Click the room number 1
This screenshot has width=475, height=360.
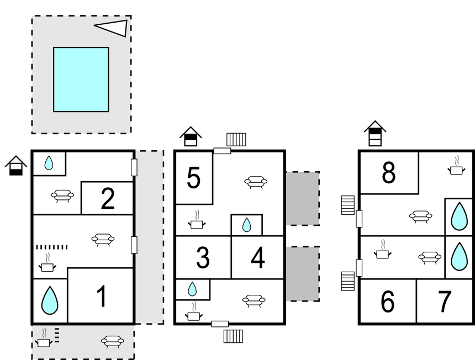click(101, 297)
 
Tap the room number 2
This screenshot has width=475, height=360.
click(107, 199)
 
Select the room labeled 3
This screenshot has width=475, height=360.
click(203, 258)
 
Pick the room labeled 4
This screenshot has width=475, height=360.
click(257, 258)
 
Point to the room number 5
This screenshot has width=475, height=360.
click(193, 178)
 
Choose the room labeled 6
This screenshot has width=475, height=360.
click(388, 301)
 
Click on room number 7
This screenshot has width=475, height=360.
click(444, 301)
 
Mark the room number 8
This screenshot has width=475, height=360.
click(389, 173)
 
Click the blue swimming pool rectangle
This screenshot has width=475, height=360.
click(81, 80)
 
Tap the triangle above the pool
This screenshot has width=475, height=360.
click(113, 28)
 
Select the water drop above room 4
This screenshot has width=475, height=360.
click(246, 225)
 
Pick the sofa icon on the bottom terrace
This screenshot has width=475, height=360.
click(112, 341)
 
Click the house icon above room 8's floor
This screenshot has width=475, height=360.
click(375, 134)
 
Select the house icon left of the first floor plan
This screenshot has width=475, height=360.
click(16, 165)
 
